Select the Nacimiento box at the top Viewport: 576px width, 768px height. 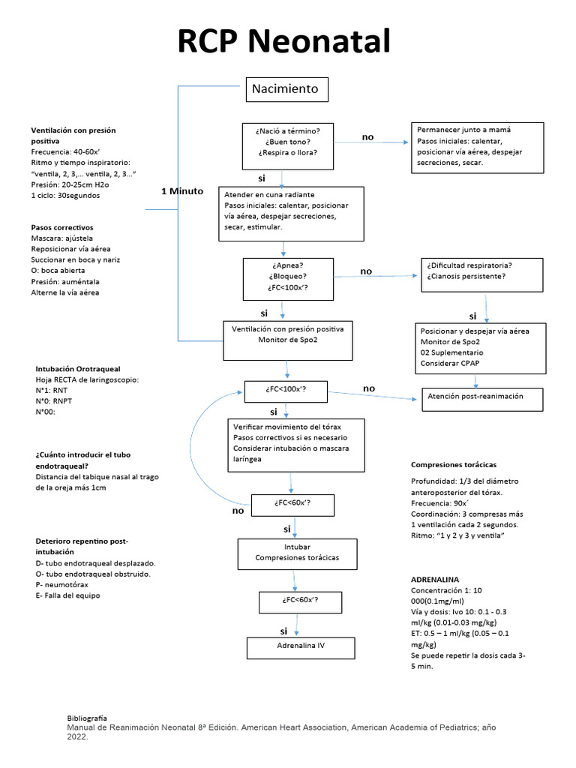[284, 89]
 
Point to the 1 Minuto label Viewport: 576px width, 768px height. [182, 191]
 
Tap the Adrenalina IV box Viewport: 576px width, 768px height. [300, 645]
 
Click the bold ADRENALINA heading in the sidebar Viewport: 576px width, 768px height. [434, 580]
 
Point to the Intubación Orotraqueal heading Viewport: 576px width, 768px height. [77, 369]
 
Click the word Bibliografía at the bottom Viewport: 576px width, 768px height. [87, 718]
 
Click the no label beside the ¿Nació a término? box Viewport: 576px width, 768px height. [367, 137]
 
